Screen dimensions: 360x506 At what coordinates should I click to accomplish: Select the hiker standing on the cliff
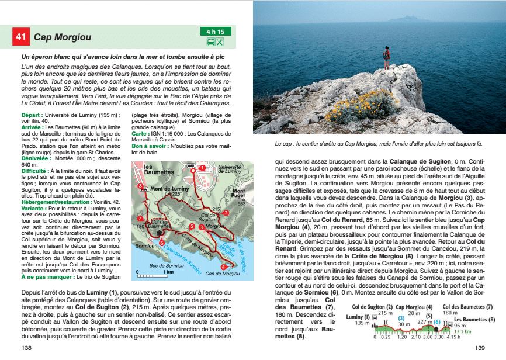pos(386,58)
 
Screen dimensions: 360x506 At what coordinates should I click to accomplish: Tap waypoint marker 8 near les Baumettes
pos(141,186)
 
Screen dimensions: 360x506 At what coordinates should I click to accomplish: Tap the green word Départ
pos(32,115)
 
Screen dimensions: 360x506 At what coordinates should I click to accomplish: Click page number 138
pos(27,348)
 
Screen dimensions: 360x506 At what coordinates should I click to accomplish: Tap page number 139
pos(480,348)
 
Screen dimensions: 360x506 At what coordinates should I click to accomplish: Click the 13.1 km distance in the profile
pos(462,331)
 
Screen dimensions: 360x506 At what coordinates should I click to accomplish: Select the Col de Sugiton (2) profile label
pos(372,306)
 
